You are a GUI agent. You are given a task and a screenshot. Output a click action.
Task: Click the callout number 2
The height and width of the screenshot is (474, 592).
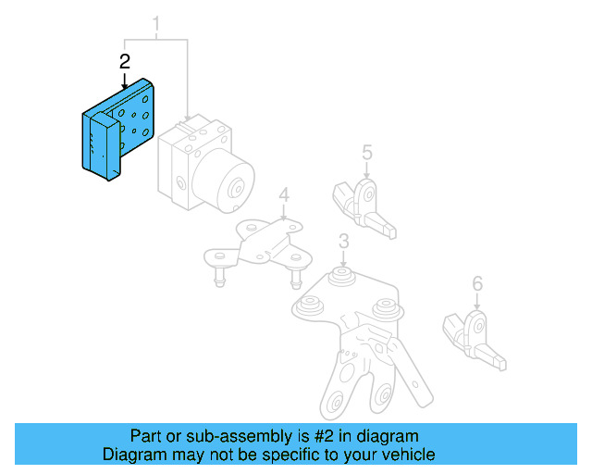click(125, 62)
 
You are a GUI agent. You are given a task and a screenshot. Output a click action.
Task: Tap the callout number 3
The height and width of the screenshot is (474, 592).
click(342, 243)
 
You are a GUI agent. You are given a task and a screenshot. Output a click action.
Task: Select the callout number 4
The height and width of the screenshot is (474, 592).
click(284, 195)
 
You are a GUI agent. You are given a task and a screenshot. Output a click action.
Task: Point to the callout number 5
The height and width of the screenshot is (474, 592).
click(366, 152)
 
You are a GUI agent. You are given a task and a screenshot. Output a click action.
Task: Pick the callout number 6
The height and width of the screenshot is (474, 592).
click(477, 284)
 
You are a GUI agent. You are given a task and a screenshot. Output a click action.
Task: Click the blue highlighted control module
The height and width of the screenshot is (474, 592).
click(116, 130)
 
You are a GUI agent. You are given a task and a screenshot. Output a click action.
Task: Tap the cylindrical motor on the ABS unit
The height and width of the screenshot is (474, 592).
click(231, 185)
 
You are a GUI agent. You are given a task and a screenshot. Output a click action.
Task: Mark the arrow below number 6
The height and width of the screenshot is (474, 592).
click(477, 301)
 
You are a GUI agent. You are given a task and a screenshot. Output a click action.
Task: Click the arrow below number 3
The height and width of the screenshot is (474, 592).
click(342, 259)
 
